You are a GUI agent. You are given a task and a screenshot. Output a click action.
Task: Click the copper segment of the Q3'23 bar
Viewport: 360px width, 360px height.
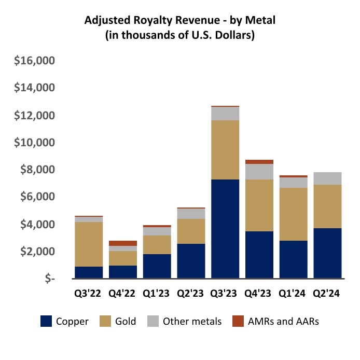(x=225, y=229)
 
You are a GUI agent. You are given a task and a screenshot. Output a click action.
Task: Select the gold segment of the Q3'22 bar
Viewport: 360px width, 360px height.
(x=88, y=244)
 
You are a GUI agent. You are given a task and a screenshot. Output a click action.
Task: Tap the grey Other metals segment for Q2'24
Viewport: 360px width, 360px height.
(x=327, y=178)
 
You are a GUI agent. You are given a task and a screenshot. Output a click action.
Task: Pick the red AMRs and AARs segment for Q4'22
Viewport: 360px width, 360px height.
(x=122, y=243)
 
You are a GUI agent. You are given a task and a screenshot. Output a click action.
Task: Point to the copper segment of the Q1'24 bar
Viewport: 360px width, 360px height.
(x=293, y=259)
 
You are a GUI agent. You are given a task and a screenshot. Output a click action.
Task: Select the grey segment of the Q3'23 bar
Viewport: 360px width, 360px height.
(x=225, y=114)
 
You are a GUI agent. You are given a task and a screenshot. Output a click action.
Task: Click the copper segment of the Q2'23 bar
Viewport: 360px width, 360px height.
(x=191, y=261)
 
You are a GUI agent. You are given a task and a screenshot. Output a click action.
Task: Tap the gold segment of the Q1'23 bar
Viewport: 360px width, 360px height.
(x=157, y=244)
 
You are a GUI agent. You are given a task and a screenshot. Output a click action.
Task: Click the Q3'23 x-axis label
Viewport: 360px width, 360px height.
(x=225, y=294)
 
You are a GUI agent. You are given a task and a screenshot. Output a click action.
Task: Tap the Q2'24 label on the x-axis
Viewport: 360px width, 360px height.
(x=327, y=294)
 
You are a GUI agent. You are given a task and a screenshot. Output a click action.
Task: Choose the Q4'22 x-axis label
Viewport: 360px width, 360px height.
(x=122, y=294)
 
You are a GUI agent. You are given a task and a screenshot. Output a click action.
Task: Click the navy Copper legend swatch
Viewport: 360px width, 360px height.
(x=47, y=322)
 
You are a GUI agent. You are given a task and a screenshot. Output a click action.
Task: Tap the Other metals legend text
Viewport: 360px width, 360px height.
(x=192, y=322)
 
